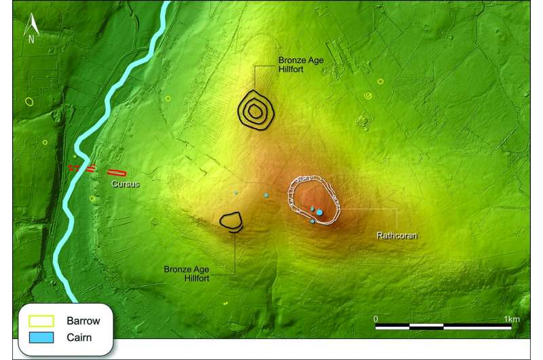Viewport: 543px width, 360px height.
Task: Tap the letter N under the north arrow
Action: [31, 39]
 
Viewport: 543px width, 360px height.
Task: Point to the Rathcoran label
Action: [396, 237]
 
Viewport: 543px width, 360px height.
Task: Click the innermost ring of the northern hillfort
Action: [255, 109]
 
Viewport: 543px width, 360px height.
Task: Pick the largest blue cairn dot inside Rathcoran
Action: [319, 213]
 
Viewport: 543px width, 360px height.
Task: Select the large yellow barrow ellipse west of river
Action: [29, 101]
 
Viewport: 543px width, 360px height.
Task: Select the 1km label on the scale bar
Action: [502, 318]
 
